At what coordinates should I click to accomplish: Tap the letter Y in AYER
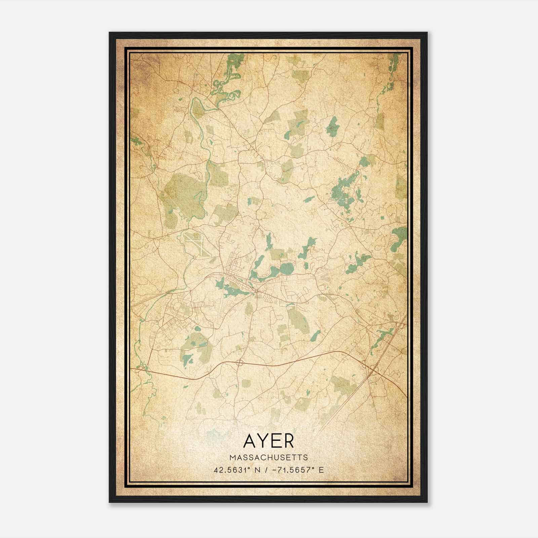(263, 441)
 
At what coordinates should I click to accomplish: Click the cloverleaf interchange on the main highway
(240, 362)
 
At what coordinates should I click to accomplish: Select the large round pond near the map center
(287, 268)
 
